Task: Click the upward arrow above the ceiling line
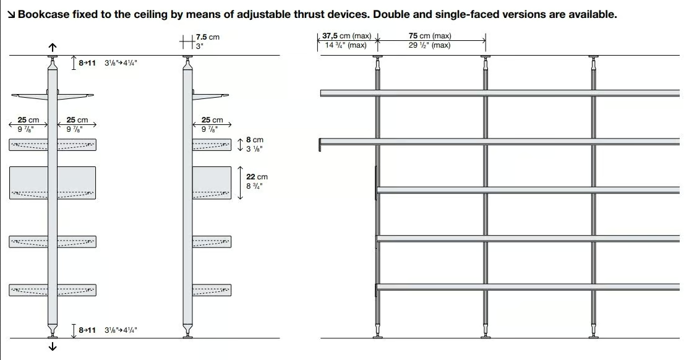53,47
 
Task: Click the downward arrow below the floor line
53,346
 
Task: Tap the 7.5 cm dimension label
207,37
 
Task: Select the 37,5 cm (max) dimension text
347,36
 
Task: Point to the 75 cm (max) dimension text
430,36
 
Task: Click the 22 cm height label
257,177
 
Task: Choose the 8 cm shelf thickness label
254,140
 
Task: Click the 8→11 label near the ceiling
87,63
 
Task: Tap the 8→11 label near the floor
87,330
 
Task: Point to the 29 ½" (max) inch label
429,45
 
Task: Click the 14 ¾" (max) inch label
345,45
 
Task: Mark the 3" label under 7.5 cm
200,46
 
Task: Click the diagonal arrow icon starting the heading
11,14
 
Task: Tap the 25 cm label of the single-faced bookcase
212,119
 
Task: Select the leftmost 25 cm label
28,119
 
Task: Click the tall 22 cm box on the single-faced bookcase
212,183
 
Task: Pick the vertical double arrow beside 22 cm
240,183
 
